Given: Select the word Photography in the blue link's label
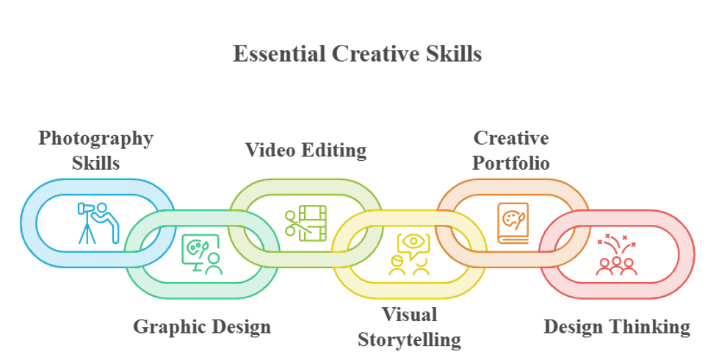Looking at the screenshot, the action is [x=96, y=139].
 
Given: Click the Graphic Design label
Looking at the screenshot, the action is [x=202, y=327].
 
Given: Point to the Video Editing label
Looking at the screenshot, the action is [x=306, y=151].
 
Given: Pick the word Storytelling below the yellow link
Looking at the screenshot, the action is [x=409, y=340].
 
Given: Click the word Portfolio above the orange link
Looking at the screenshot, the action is [x=511, y=163].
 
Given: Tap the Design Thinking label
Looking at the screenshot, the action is [x=617, y=327].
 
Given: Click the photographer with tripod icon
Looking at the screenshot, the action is [x=98, y=223].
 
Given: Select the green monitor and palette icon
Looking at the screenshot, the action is [x=202, y=254].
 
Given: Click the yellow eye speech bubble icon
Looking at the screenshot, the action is [x=410, y=254].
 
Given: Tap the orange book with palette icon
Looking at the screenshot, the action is [x=513, y=223].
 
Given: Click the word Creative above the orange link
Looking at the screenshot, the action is [x=511, y=138].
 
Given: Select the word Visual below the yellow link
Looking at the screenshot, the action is [x=410, y=314].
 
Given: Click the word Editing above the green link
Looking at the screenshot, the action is [x=335, y=151].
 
